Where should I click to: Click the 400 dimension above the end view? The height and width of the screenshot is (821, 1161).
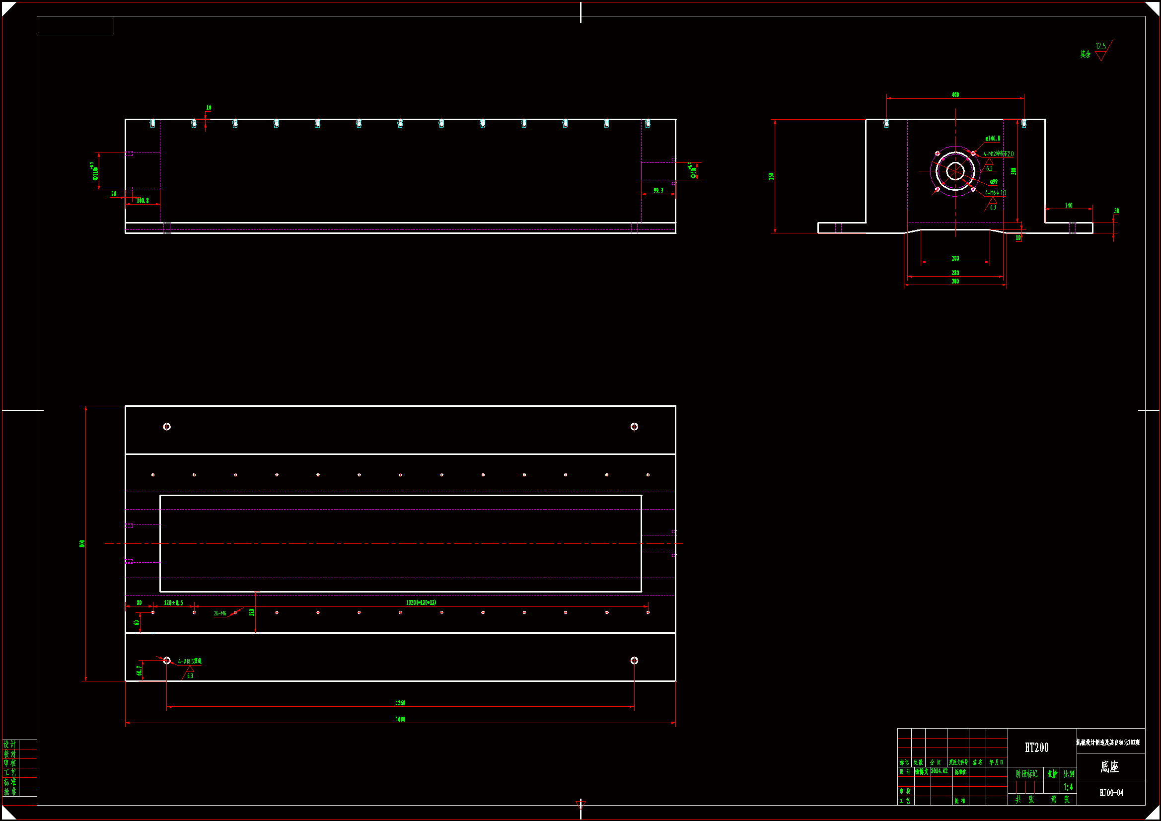955,94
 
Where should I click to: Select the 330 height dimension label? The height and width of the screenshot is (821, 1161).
771,176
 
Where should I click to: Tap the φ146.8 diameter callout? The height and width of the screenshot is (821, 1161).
992,138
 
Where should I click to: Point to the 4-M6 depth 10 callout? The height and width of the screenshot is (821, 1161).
995,193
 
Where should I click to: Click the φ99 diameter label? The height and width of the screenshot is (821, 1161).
994,182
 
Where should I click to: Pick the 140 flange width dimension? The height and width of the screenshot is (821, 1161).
1068,206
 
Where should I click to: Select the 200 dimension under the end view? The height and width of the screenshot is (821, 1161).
955,258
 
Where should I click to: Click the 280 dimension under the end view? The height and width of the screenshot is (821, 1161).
955,273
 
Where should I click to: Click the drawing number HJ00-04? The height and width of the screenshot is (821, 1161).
1111,793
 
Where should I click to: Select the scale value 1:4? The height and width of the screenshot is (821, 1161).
1068,787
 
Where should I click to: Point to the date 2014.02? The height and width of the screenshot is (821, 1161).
939,771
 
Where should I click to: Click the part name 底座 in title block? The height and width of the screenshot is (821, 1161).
1109,767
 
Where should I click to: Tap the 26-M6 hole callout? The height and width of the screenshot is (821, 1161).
220,613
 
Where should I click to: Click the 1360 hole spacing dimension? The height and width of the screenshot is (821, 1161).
400,703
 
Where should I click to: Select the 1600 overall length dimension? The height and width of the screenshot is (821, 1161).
400,719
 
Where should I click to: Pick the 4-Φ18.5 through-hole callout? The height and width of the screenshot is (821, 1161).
190,661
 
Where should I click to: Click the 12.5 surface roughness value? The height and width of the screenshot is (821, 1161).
1100,47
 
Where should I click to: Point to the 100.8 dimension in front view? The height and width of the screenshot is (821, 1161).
143,201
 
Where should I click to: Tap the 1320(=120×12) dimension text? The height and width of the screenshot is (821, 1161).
421,602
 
